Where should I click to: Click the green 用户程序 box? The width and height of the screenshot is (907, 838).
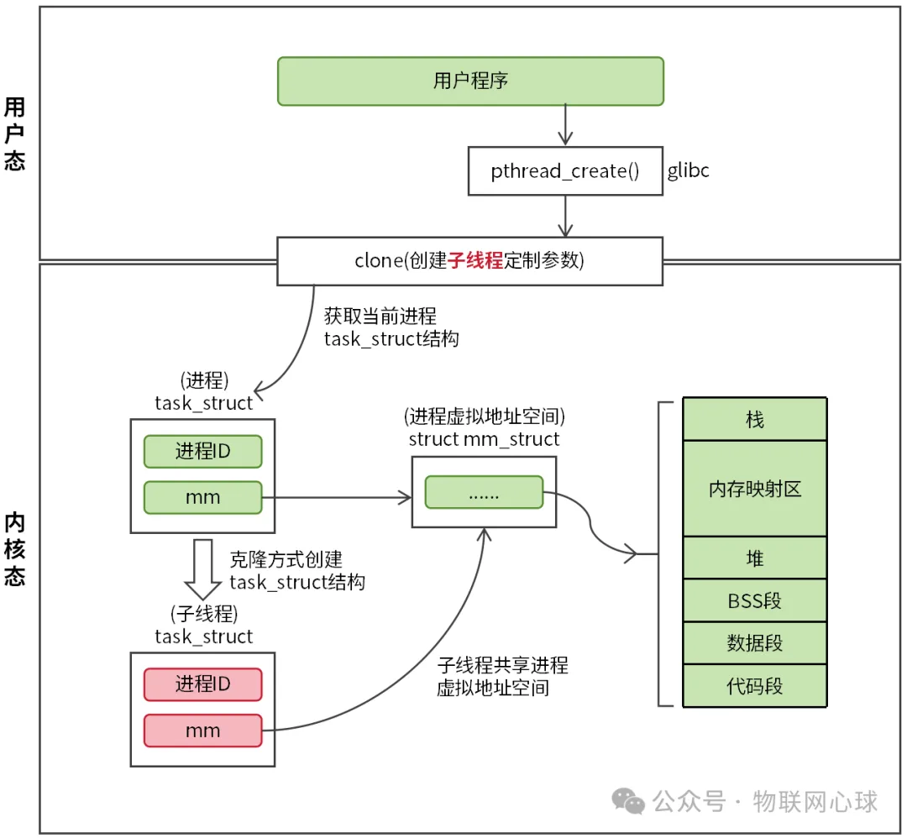pyautogui.click(x=470, y=81)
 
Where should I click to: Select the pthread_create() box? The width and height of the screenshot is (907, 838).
pyautogui.click(x=565, y=171)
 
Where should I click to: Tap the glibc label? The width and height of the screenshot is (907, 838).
pyautogui.click(x=689, y=171)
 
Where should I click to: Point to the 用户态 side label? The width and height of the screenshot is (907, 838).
pyautogui.click(x=14, y=134)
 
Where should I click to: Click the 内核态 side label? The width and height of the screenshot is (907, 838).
pyautogui.click(x=14, y=549)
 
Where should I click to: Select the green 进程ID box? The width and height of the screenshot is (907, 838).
pyautogui.click(x=202, y=452)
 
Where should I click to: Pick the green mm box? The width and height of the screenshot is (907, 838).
pyautogui.click(x=202, y=497)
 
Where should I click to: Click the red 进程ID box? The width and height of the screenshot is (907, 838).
pyautogui.click(x=202, y=684)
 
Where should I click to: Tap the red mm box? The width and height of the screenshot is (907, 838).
pyautogui.click(x=202, y=731)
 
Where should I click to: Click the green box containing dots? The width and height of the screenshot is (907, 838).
pyautogui.click(x=484, y=493)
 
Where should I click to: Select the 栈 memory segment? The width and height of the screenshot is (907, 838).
pyautogui.click(x=755, y=420)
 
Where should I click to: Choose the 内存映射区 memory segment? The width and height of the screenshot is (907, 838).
pyautogui.click(x=755, y=489)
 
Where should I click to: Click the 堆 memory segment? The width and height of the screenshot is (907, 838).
pyautogui.click(x=755, y=558)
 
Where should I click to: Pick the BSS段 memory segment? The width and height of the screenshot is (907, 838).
pyautogui.click(x=755, y=601)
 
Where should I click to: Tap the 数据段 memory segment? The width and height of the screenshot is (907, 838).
pyautogui.click(x=755, y=644)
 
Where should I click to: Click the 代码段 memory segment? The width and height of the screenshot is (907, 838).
pyautogui.click(x=755, y=686)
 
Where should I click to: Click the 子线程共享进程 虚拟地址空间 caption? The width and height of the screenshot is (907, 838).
pyautogui.click(x=502, y=677)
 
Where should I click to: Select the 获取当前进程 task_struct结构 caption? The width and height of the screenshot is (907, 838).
pyautogui.click(x=391, y=328)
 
